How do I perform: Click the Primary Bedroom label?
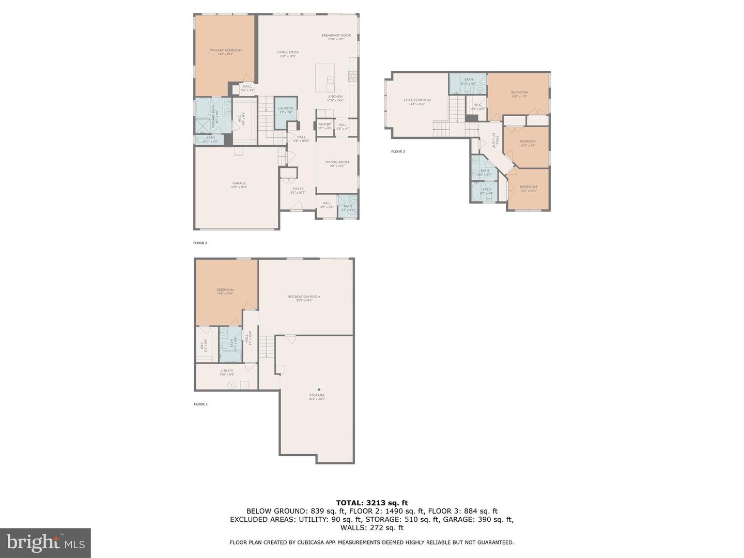tap(225, 51)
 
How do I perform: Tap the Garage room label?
tap(239, 183)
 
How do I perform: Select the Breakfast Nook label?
tap(336, 36)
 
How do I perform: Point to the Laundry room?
tap(286, 112)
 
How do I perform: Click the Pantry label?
tap(324, 125)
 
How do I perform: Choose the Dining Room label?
tap(337, 162)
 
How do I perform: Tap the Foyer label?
tap(298, 189)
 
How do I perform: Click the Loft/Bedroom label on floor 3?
tap(416, 100)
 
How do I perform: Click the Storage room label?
tap(317, 396)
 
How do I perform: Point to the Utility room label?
tap(227, 370)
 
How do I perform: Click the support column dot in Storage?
tap(319, 389)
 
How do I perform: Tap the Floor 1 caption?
tap(200, 404)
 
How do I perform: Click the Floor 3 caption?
tap(398, 151)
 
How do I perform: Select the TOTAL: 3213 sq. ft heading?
tap(371, 502)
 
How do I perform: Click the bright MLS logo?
tap(45, 542)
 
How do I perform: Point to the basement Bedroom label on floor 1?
tap(225, 290)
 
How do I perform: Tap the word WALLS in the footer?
tap(351, 528)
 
